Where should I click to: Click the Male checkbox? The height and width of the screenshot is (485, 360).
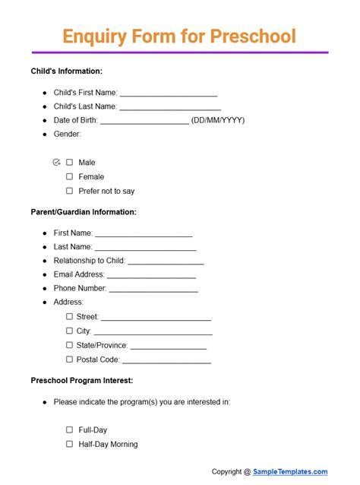click(69, 162)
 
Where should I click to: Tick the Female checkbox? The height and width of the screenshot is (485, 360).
click(69, 176)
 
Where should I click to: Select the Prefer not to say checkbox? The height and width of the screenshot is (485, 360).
click(69, 191)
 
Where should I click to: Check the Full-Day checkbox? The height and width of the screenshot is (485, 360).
click(69, 430)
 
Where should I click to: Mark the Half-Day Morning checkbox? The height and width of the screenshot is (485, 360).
click(69, 444)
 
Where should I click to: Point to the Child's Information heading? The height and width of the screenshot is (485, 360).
click(66, 71)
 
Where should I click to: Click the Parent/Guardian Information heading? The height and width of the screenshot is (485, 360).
click(84, 212)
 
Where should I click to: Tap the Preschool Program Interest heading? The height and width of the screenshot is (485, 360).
click(82, 380)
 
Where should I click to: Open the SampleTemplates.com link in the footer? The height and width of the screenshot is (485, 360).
click(291, 471)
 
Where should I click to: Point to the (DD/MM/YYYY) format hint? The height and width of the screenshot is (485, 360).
click(218, 120)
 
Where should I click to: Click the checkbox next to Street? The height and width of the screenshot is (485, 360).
click(69, 316)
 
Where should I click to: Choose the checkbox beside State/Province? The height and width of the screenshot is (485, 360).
click(69, 345)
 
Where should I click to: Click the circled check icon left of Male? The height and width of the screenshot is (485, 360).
click(56, 162)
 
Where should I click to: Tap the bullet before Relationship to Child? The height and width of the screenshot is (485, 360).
click(45, 261)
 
